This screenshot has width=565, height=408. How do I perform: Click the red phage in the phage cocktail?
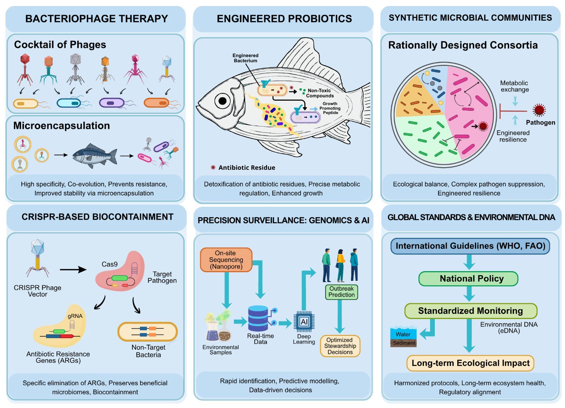click(25, 69)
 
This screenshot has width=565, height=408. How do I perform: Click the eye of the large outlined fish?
click(222, 101)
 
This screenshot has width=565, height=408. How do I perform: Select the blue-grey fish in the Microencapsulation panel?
click(95, 155)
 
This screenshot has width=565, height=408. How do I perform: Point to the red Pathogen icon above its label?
click(539, 110)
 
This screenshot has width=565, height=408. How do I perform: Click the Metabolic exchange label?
click(514, 86)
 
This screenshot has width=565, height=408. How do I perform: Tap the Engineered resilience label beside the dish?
click(513, 136)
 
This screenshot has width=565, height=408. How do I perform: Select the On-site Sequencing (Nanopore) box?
click(226, 260)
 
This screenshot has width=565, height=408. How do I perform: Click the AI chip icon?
click(304, 321)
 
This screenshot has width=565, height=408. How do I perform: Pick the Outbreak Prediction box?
click(342, 292)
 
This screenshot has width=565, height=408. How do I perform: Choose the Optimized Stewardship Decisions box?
click(340, 346)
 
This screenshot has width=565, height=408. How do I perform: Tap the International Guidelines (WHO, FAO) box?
click(470, 246)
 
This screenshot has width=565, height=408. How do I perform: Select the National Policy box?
click(469, 278)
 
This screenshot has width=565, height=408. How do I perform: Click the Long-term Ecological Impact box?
click(470, 363)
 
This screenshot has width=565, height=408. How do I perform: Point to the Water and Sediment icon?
click(403, 337)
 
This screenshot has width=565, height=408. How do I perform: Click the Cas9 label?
click(110, 264)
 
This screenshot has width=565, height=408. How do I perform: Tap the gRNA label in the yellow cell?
click(75, 316)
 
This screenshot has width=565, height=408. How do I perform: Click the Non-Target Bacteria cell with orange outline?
click(148, 332)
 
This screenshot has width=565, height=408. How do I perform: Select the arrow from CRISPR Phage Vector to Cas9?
click(73, 269)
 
